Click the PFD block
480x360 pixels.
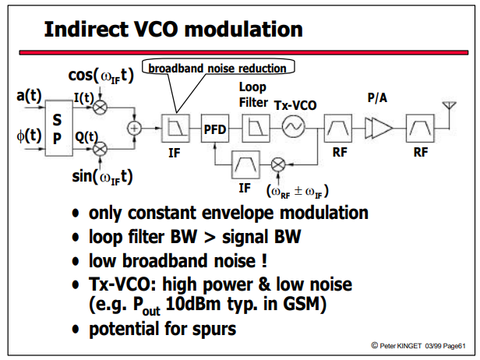(x=215, y=128)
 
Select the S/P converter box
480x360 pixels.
(x=58, y=128)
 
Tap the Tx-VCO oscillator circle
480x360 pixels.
(x=293, y=126)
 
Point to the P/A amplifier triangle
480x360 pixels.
(x=379, y=129)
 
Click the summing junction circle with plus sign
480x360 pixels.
(x=134, y=128)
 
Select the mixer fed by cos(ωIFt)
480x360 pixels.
(x=100, y=108)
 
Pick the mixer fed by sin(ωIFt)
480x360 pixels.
(x=100, y=150)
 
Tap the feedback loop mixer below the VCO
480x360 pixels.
(x=278, y=164)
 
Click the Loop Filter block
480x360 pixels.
(x=256, y=128)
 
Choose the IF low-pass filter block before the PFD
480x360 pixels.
(x=175, y=128)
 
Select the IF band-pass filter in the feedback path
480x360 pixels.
(x=245, y=164)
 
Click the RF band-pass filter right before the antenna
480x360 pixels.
(x=420, y=128)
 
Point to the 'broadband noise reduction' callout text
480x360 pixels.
(x=217, y=69)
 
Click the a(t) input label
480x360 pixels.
(x=29, y=96)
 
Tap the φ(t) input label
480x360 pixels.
(x=29, y=135)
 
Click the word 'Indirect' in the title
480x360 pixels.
(x=86, y=29)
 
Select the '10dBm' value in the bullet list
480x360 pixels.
(x=193, y=304)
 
